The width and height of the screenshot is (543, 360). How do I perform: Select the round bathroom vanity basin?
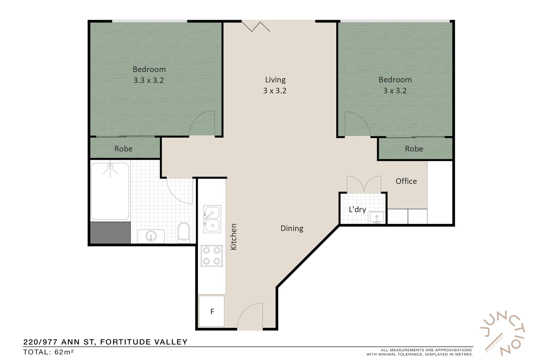[151, 237]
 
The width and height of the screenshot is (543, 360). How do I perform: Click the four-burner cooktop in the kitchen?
[212, 256]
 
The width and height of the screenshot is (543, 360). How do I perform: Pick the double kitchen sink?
[212, 219]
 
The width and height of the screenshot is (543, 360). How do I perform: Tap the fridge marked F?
[212, 311]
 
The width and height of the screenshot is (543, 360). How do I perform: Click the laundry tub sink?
[377, 217]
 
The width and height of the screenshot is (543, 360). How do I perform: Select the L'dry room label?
[357, 209]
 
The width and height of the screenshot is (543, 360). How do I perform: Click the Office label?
[406, 181]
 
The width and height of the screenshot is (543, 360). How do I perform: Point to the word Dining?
[292, 228]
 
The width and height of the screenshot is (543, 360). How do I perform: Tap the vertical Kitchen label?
[233, 236]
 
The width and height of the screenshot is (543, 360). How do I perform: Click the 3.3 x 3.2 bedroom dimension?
[149, 80]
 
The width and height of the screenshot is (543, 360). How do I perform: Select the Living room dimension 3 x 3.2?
[275, 91]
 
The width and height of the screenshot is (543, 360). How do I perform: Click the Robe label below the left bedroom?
[123, 149]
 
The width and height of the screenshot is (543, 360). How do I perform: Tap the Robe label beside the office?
[414, 149]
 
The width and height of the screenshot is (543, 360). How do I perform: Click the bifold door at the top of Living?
[256, 26]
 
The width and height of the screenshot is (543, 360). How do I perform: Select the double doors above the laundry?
[364, 184]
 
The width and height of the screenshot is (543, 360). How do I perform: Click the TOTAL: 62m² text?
[49, 352]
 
